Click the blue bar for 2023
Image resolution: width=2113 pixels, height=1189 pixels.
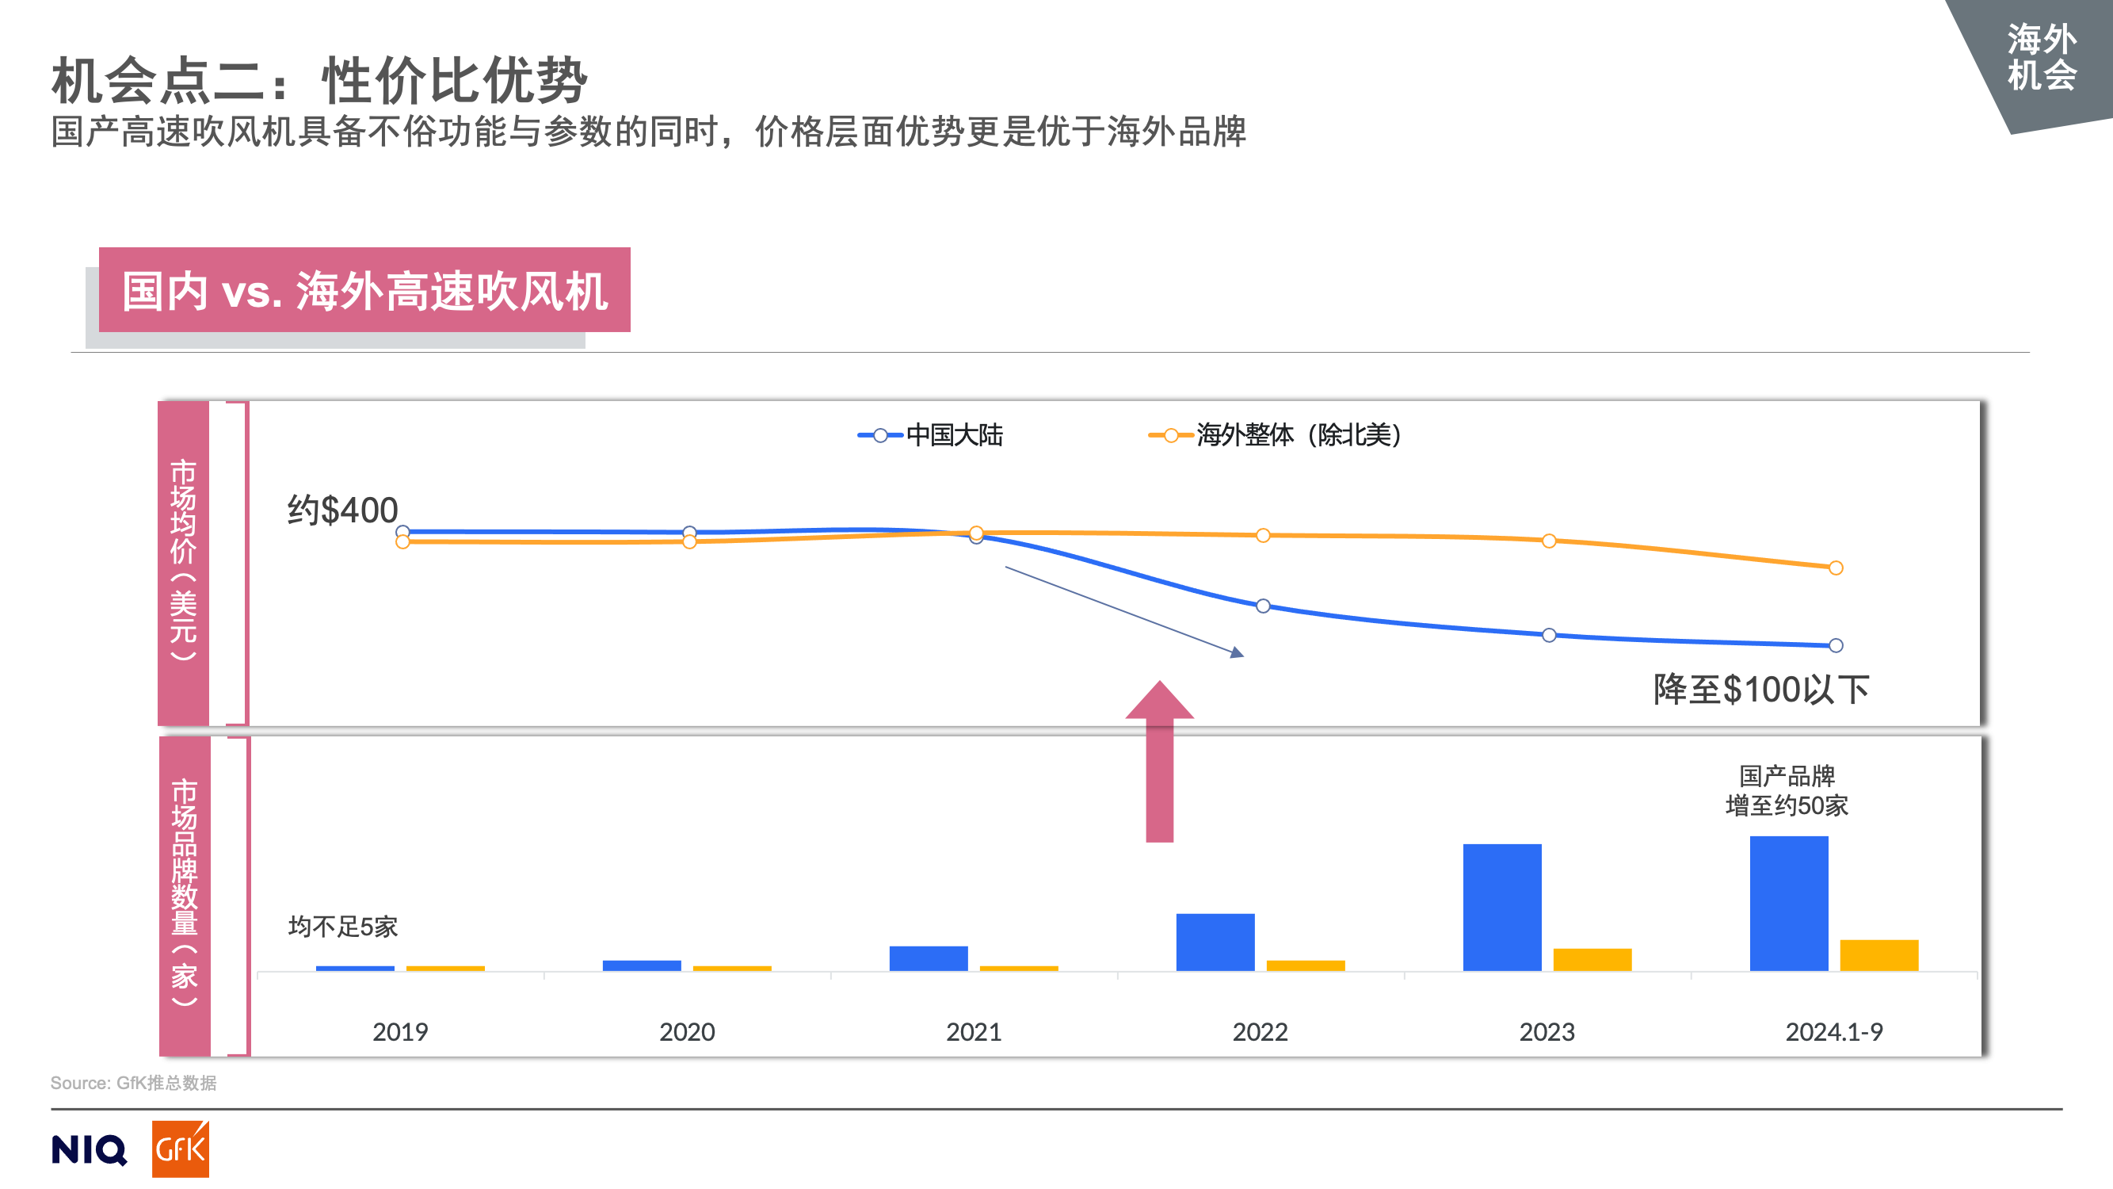click(x=1501, y=907)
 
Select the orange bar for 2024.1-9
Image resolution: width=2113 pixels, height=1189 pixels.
click(x=1878, y=955)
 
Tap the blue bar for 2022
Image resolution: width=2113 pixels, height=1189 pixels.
click(x=1215, y=942)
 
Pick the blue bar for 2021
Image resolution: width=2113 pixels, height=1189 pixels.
click(x=929, y=958)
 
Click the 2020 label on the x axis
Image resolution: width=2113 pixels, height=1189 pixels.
click(x=687, y=1031)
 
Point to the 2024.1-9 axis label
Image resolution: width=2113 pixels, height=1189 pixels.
click(x=1833, y=1031)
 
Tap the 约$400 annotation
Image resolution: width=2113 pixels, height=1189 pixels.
click(x=342, y=510)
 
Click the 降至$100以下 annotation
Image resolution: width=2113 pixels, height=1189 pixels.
click(x=1760, y=690)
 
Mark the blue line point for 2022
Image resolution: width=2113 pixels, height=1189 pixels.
click(x=1263, y=606)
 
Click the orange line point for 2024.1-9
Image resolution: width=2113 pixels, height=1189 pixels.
click(x=1836, y=568)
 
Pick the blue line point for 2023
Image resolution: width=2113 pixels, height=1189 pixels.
click(x=1549, y=635)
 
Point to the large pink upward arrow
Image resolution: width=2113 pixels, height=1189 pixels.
click(x=1159, y=763)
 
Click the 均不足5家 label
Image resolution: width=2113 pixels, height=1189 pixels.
click(x=343, y=927)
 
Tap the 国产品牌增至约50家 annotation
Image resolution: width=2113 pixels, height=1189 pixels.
click(x=1787, y=791)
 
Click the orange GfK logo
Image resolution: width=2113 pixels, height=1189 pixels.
click(x=181, y=1149)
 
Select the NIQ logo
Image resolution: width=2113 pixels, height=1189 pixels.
click(x=89, y=1149)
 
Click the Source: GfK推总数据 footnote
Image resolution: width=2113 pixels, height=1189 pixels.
click(x=134, y=1083)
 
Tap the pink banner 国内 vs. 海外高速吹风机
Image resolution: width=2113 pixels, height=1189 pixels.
click(x=364, y=290)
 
